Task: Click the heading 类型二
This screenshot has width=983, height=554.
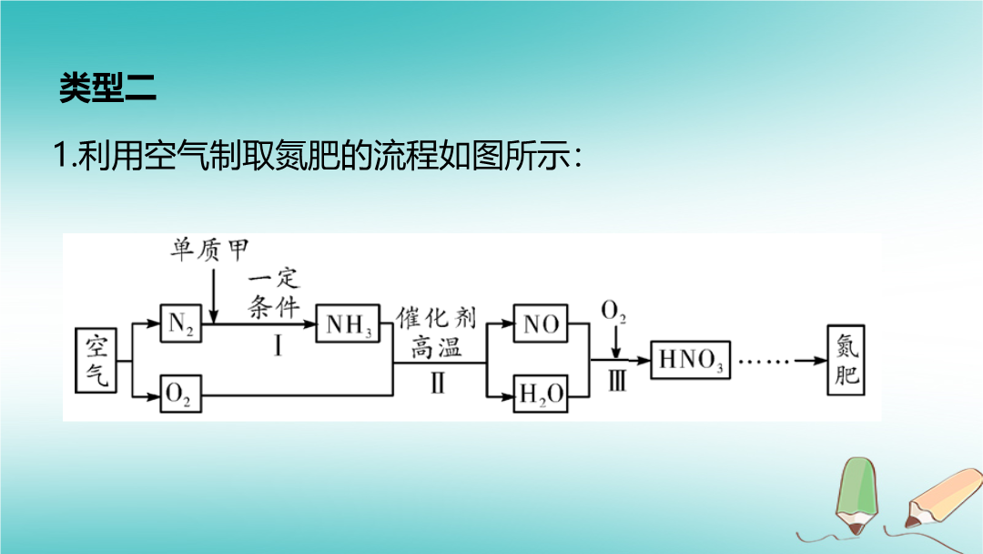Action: click(107, 88)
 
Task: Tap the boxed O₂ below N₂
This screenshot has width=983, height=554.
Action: click(179, 394)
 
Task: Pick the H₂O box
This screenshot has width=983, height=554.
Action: click(541, 394)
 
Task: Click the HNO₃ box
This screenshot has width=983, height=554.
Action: click(692, 361)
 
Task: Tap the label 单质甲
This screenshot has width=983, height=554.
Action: click(210, 250)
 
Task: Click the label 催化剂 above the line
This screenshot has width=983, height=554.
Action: click(436, 318)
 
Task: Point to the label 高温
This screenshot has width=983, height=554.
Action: click(437, 346)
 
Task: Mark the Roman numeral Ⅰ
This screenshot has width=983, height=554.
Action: click(277, 346)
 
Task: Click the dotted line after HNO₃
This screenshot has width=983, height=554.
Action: click(765, 361)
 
